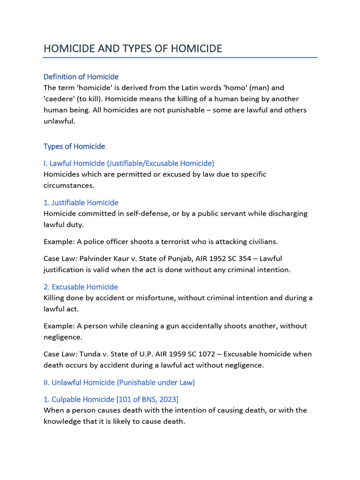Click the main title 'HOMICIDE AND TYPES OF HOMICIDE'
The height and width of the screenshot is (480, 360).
133,48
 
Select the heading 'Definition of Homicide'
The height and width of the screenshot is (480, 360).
81,76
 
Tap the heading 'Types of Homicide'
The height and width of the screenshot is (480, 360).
74,146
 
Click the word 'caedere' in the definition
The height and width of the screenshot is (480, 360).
60,99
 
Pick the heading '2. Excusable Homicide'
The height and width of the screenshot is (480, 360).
81,287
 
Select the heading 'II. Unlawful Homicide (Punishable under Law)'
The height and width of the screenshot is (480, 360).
119,382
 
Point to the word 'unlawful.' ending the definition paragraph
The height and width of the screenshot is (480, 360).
59,121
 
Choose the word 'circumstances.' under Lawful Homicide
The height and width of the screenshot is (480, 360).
69,185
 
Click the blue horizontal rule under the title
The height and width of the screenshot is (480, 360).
180,58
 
